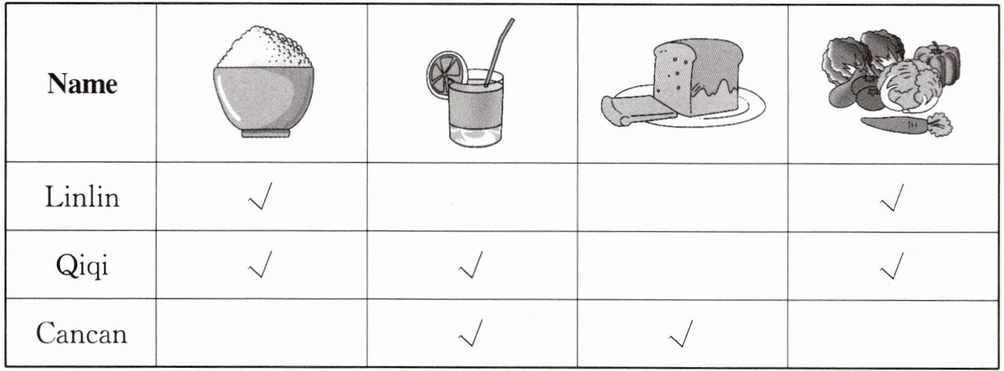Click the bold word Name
click(x=82, y=84)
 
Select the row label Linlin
click(x=82, y=197)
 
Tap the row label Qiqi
click(x=82, y=266)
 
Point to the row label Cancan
click(x=81, y=334)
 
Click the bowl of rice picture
click(x=263, y=81)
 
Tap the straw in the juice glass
click(x=499, y=52)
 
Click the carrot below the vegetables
click(x=906, y=125)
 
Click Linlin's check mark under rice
click(x=260, y=196)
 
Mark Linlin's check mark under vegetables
click(x=892, y=197)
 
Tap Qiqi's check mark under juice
click(x=471, y=265)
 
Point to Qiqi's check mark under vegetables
click(x=892, y=266)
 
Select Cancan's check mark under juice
click(x=471, y=333)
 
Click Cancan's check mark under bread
click(x=681, y=333)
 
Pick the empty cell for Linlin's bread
click(x=683, y=197)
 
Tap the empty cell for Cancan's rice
click(x=262, y=333)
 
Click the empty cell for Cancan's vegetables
click(x=893, y=333)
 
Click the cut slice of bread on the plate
click(x=638, y=111)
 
